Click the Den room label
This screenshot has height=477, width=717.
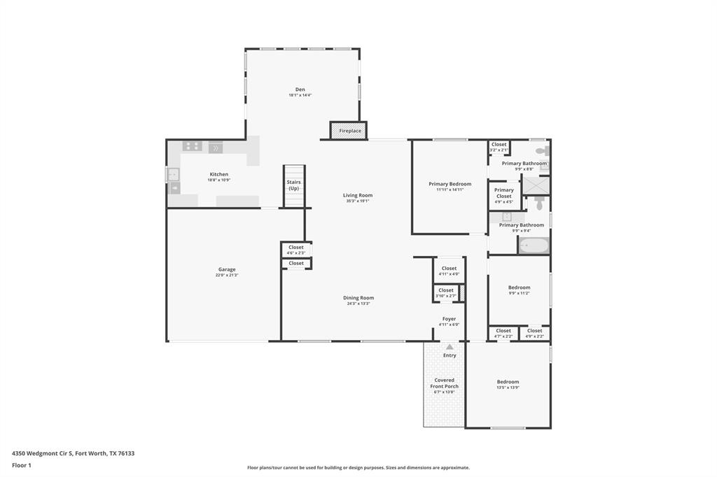300,90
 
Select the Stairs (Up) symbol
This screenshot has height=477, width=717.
294,185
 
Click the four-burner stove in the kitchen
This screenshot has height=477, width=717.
192,147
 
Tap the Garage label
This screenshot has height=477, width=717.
226,269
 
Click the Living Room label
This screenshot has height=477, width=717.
357,195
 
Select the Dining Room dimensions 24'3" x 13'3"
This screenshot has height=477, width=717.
358,304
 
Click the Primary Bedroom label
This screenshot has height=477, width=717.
450,184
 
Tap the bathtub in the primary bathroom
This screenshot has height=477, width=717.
534,245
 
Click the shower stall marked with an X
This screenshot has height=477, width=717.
536,185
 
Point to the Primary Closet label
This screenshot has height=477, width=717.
503,193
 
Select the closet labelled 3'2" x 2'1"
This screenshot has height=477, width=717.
499,147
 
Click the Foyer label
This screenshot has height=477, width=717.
449,319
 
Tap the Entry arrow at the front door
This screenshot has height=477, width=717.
449,347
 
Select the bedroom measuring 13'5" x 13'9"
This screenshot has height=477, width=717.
508,384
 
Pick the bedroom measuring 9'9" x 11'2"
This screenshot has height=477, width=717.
519,290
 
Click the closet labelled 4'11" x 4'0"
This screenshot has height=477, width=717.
449,271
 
